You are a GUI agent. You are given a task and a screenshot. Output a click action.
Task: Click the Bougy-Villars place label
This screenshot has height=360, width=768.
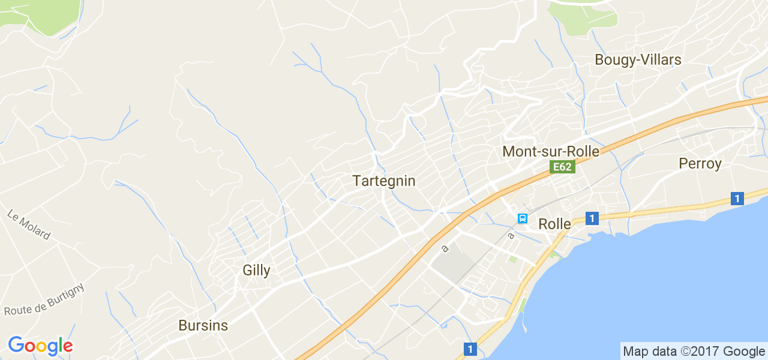pos(638,60)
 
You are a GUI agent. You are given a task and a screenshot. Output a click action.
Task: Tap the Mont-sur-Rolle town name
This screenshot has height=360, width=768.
pos(551,151)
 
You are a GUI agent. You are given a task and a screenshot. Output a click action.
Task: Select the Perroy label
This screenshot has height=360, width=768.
pos(700,163)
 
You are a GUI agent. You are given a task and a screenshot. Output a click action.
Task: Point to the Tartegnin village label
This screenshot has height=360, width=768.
pos(384,181)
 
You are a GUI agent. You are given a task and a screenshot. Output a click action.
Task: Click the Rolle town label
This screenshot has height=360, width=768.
pos(555,224)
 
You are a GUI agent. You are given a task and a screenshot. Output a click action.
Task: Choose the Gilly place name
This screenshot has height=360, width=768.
pos(256,270)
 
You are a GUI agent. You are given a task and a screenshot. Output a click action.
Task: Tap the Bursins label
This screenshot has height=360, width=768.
pos(203,325)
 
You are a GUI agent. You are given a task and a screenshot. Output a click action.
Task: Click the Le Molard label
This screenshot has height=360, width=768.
pos(29,224)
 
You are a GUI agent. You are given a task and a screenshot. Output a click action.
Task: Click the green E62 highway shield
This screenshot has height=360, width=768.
pos(562,167)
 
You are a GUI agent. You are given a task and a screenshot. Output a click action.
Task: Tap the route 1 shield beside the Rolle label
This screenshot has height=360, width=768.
pos(592,218)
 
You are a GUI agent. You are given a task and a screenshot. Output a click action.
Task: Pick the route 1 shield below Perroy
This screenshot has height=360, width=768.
pos(737,199)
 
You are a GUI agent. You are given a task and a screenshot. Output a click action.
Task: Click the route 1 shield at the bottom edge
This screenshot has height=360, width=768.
pos(470,349)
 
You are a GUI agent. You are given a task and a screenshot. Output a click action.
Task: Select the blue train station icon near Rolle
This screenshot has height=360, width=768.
pos(523,218)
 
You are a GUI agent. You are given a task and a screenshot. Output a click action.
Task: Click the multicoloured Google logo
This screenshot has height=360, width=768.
pos(40,346)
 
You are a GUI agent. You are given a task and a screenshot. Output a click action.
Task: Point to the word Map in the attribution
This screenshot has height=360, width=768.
pos(636,352)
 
